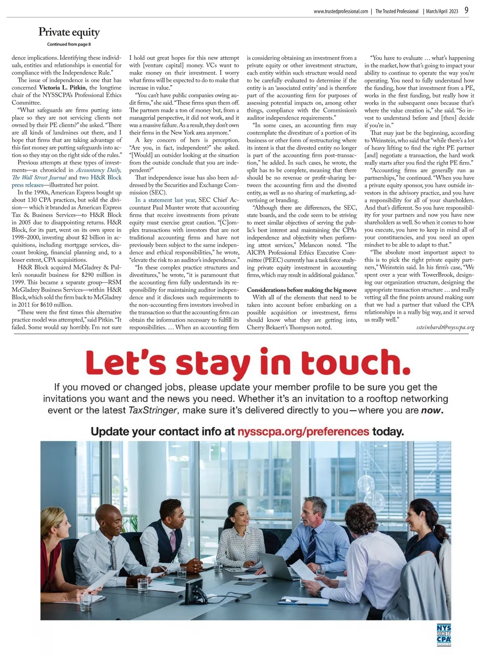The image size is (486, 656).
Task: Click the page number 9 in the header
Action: click(x=467, y=11)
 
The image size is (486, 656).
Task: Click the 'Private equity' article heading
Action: click(x=69, y=32)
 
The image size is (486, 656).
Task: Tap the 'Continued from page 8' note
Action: click(x=69, y=44)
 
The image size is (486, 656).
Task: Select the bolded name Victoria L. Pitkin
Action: click(x=63, y=88)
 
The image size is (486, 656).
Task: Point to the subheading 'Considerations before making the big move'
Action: click(x=302, y=290)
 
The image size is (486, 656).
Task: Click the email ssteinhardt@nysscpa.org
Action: click(x=445, y=327)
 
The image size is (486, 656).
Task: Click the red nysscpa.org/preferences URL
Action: click(x=303, y=432)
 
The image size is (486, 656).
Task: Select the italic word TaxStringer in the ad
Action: click(x=153, y=410)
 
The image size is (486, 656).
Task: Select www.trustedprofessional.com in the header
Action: click(x=341, y=11)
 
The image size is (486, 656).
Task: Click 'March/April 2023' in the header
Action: click(x=442, y=11)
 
